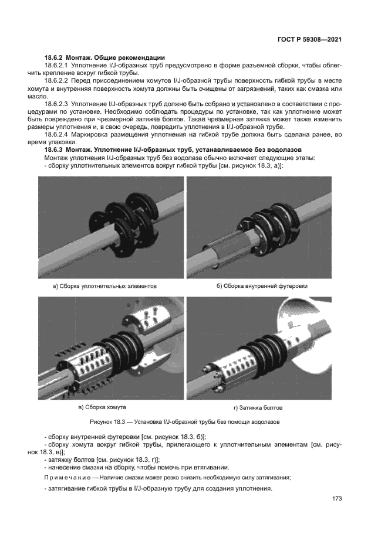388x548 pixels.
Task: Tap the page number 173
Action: (336, 499)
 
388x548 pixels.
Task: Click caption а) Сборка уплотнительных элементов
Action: (105, 286)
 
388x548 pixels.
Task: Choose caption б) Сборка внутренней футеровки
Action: (262, 286)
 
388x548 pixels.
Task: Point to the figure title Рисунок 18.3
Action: (185, 421)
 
